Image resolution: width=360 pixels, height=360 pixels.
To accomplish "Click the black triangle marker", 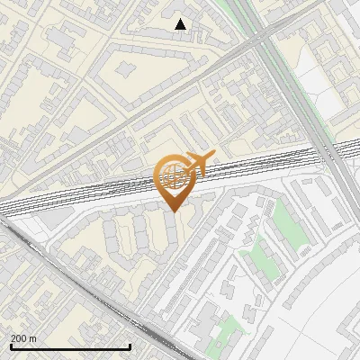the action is (181, 24).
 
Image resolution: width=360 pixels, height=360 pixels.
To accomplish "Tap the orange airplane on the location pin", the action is (198, 163).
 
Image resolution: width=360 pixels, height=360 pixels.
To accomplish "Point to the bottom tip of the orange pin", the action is (174, 211).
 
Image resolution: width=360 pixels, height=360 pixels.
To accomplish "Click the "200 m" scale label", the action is (23, 338).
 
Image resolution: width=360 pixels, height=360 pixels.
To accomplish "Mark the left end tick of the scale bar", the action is (11, 346).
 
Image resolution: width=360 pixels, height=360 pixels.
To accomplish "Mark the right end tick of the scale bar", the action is (130, 346).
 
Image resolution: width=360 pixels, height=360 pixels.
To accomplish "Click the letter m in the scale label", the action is (32, 338).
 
